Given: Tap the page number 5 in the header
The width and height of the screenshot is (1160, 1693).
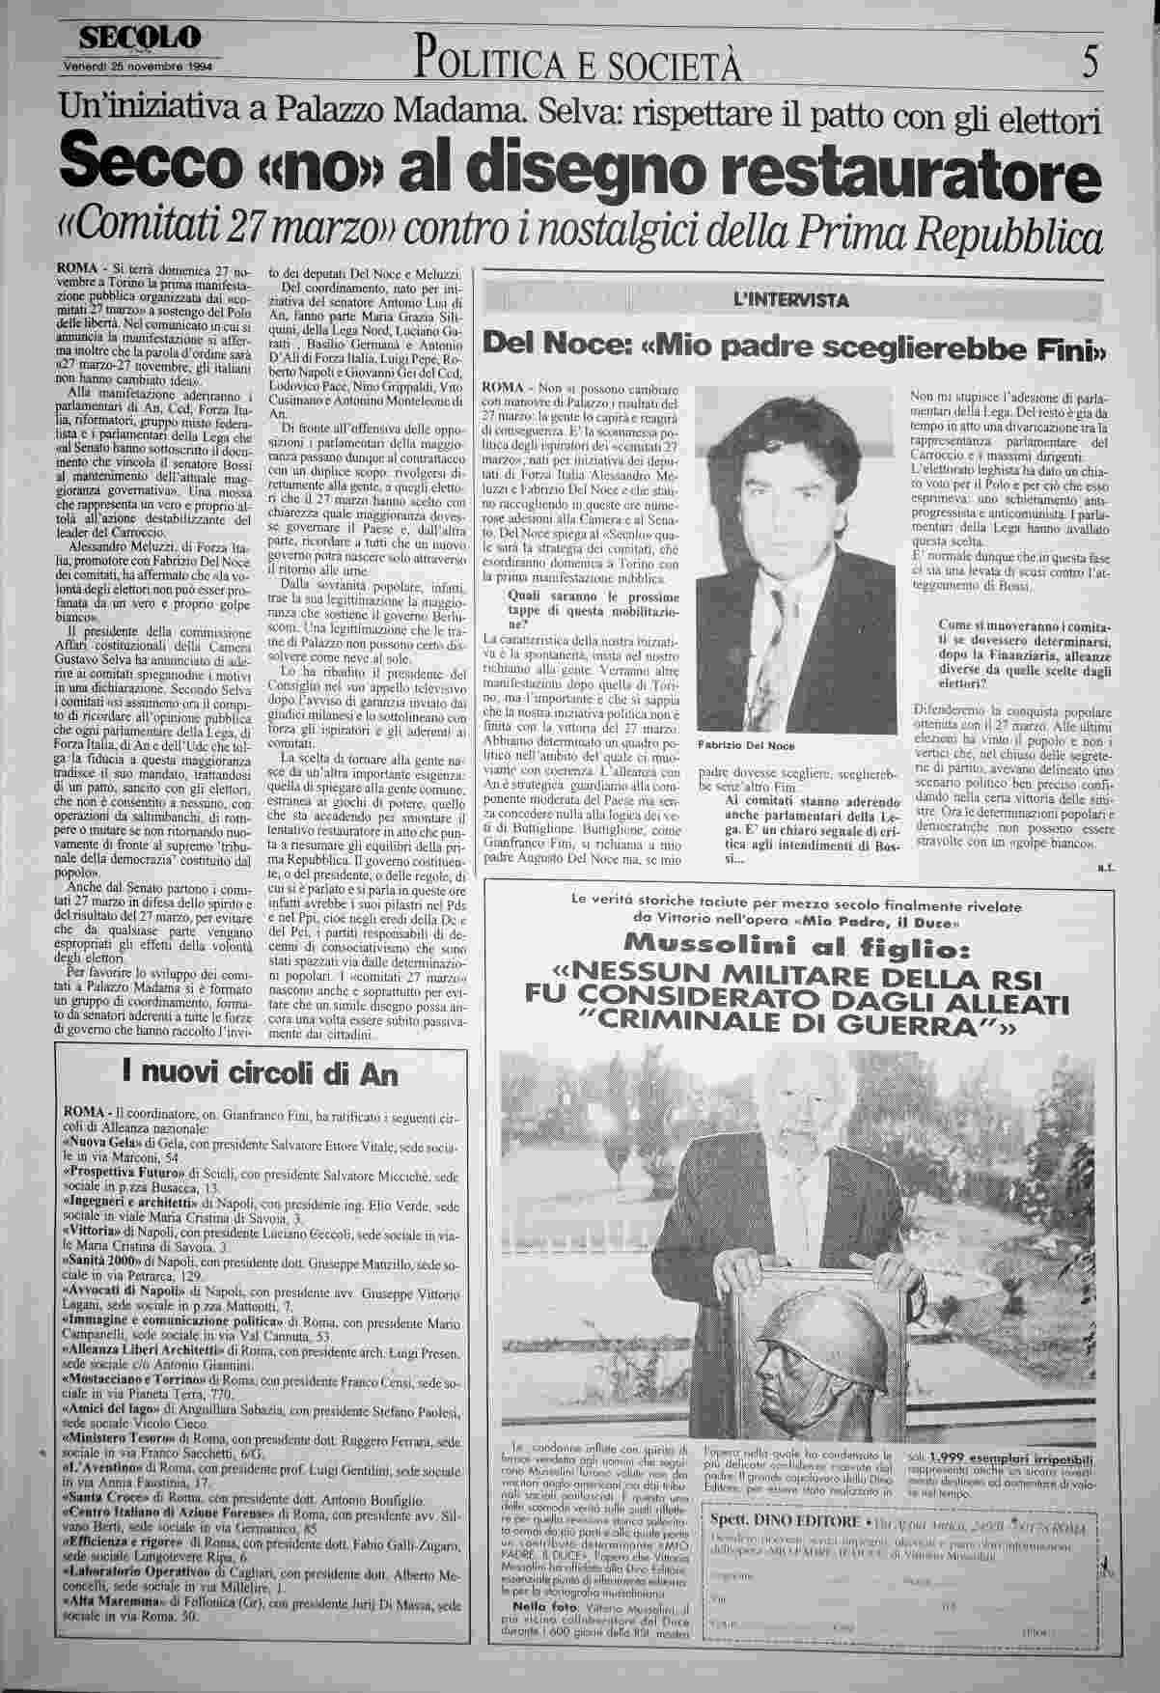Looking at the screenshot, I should (1090, 64).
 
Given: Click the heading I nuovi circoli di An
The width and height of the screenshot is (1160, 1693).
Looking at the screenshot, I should (261, 1072).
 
